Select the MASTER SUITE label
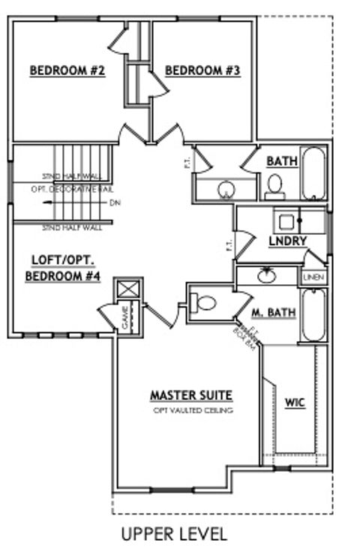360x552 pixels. (191, 394)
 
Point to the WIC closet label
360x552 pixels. (295, 403)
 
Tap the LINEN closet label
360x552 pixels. (313, 277)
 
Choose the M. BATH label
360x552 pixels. (266, 311)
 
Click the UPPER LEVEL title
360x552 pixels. (174, 534)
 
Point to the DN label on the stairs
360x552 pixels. (114, 202)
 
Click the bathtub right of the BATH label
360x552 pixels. (314, 172)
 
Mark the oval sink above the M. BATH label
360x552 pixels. (265, 276)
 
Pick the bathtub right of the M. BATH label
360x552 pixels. (313, 313)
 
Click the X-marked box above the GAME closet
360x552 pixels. (125, 289)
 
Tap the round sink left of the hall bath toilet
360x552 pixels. (226, 190)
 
